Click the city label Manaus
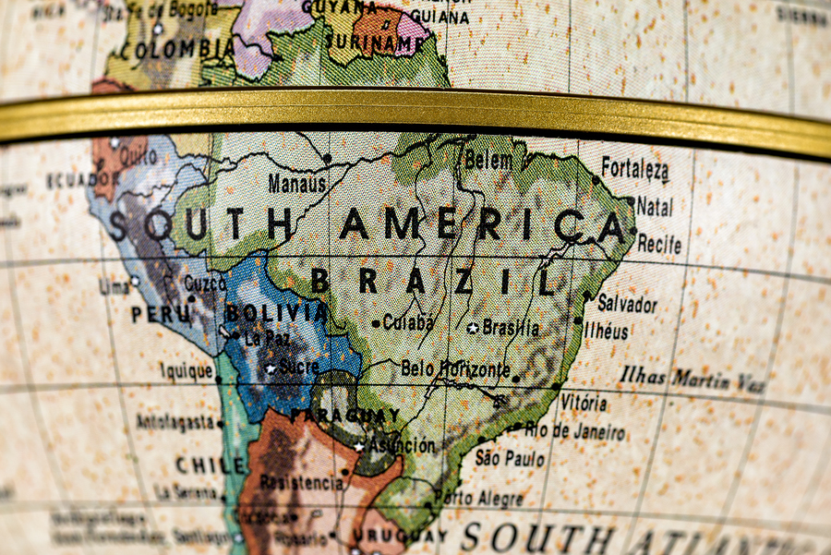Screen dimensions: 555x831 click(x=297, y=184)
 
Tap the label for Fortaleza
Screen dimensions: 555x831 click(x=635, y=168)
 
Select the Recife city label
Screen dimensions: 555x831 click(x=659, y=245)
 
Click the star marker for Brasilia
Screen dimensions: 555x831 click(x=473, y=328)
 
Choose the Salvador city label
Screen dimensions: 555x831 click(x=627, y=303)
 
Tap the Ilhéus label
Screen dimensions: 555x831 click(x=606, y=331)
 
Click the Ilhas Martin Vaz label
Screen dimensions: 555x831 click(x=692, y=379)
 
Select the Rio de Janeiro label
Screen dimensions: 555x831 click(x=574, y=430)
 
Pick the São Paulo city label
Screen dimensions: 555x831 click(x=510, y=457)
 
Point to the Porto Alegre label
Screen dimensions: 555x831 click(x=478, y=498)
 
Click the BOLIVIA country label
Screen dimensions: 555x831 click(x=276, y=313)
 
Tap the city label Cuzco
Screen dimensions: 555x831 click(x=205, y=283)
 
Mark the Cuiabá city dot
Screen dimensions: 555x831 click(x=375, y=323)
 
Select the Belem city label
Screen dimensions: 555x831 click(x=488, y=160)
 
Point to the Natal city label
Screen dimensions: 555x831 click(x=654, y=206)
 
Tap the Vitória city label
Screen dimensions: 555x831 click(x=584, y=403)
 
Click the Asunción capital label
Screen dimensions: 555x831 click(x=402, y=445)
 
